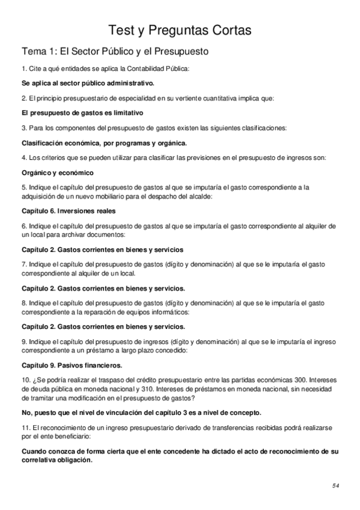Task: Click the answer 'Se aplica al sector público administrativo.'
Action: (88, 82)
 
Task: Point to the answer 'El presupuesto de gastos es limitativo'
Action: (82, 112)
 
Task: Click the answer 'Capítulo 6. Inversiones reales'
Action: (69, 210)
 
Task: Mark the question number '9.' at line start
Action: (25, 342)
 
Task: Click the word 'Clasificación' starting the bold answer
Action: (43, 143)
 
